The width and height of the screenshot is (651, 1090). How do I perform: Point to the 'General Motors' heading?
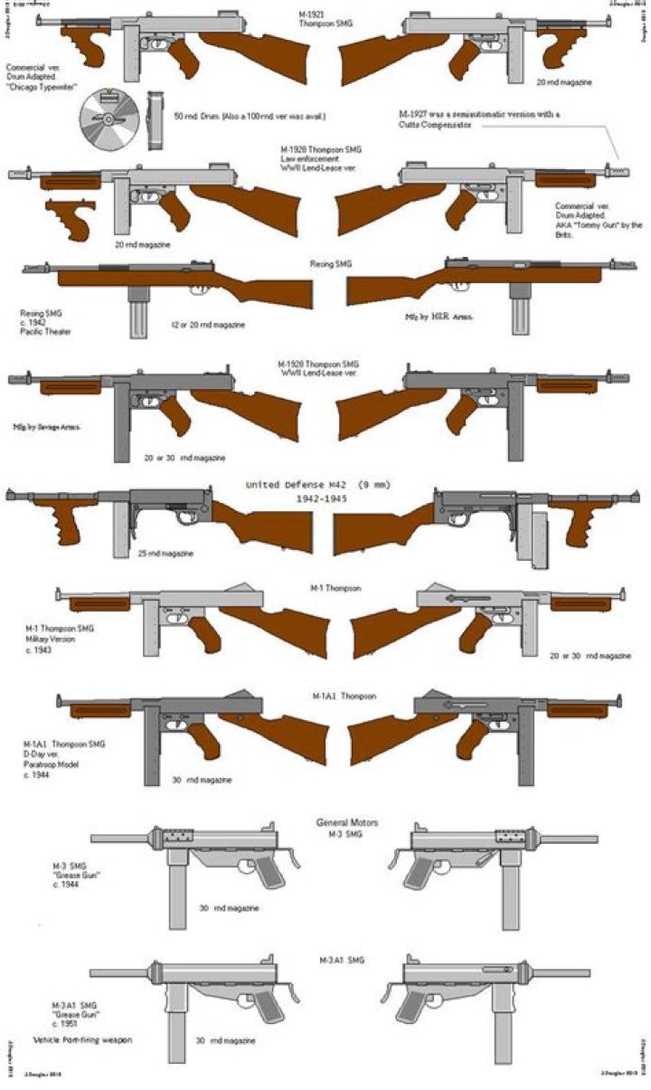pos(346,822)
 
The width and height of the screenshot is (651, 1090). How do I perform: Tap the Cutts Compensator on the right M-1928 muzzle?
pos(620,171)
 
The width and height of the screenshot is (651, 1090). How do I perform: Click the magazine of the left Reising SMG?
pos(137,312)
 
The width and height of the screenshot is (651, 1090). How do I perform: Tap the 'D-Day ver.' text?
pos(48,754)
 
